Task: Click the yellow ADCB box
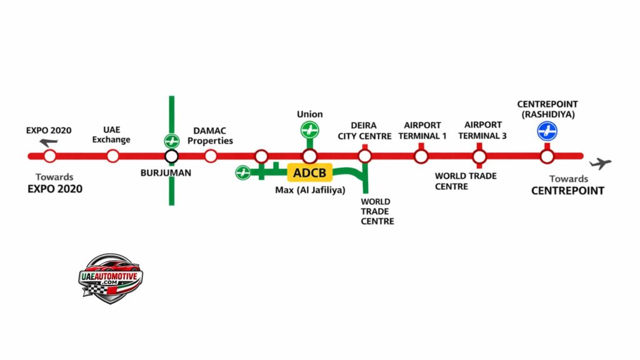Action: pos(309,172)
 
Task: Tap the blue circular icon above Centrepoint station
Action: pos(547,131)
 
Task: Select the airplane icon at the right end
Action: pos(600,164)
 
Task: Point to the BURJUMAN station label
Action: pos(166,173)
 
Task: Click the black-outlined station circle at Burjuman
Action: pos(171,156)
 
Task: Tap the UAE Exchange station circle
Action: pos(112,156)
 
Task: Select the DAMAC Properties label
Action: pos(210,136)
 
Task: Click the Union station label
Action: pos(309,114)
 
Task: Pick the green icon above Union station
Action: pos(309,131)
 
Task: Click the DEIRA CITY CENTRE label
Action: pos(365,131)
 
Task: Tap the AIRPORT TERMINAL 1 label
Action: pos(422,130)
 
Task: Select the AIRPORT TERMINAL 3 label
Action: pos(482,130)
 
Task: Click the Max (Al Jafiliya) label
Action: pos(310,190)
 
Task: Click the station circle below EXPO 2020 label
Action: pos(50,156)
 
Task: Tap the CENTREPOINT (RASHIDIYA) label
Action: pos(547,109)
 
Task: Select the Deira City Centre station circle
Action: pos(365,156)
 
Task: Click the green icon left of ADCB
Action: pos(243,172)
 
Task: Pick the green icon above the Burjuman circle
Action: pos(171,141)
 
